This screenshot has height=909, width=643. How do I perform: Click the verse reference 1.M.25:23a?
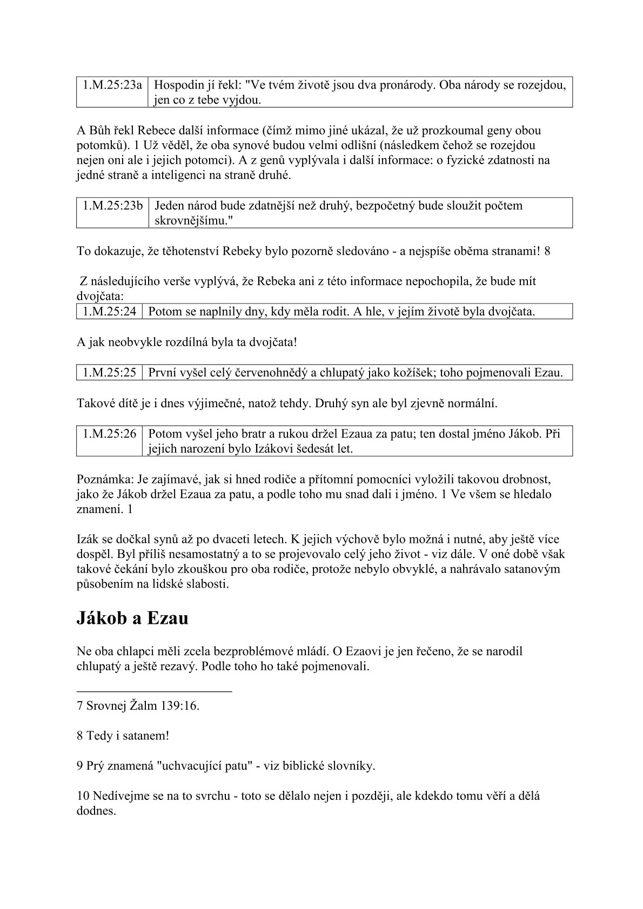(x=112, y=85)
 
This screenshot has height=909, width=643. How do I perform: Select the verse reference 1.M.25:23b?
(x=112, y=206)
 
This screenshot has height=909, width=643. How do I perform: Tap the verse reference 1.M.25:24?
(x=109, y=312)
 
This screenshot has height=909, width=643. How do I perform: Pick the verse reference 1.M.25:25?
(x=109, y=373)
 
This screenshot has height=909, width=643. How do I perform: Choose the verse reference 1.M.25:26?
(x=109, y=434)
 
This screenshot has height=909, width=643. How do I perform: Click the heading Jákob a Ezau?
(x=132, y=618)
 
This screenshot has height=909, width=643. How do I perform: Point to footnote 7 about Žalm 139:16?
(x=138, y=705)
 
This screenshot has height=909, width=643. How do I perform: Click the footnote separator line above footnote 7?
(x=154, y=691)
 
